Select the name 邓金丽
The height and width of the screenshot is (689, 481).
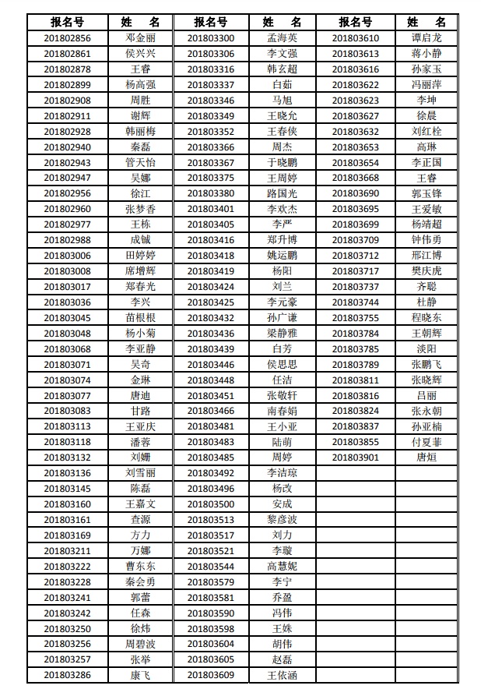click(x=140, y=38)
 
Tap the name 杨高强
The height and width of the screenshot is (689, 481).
click(x=140, y=85)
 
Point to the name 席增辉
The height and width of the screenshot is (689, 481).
click(x=140, y=271)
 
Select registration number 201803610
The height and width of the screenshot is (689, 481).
click(x=356, y=38)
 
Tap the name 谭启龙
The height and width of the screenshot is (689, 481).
click(x=427, y=38)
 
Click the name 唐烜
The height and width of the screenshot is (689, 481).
click(x=427, y=458)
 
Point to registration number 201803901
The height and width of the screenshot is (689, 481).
click(x=356, y=458)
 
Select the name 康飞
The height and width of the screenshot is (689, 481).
click(x=140, y=675)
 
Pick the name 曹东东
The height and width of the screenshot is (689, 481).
click(x=140, y=567)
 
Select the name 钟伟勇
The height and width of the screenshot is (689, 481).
click(x=427, y=240)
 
